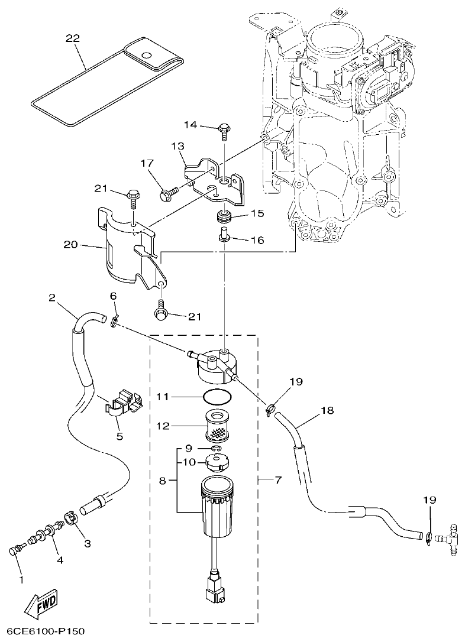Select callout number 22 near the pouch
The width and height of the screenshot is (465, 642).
[73, 38]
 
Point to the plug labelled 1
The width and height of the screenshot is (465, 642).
[15, 551]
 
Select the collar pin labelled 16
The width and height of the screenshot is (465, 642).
[224, 238]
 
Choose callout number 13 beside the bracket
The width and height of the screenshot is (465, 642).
[179, 146]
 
